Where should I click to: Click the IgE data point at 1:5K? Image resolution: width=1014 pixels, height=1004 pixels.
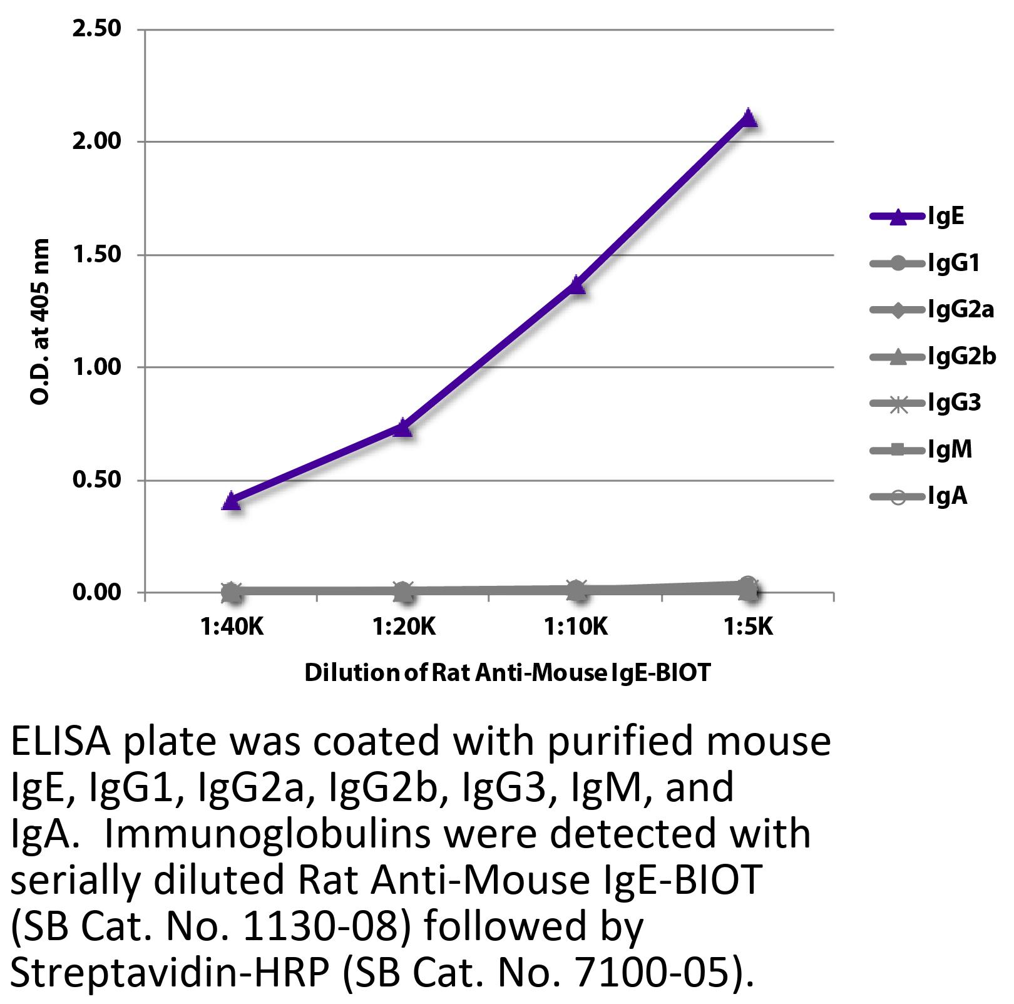click(x=748, y=118)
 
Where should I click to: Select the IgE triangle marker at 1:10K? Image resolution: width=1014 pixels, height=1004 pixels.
click(x=576, y=286)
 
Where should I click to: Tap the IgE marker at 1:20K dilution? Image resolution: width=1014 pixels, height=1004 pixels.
click(x=403, y=428)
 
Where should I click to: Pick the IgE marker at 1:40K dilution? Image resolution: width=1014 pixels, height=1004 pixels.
click(x=231, y=501)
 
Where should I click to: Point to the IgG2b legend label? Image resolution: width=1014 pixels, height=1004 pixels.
click(x=961, y=357)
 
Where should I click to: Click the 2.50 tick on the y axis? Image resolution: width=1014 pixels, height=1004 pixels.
click(x=97, y=29)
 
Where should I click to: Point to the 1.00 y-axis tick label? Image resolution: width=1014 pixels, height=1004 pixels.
click(x=97, y=367)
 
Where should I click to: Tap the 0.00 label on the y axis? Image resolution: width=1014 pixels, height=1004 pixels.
click(x=97, y=592)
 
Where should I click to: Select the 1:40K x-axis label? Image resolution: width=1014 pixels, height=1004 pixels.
click(x=232, y=627)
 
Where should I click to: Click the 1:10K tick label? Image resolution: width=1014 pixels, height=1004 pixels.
click(x=576, y=627)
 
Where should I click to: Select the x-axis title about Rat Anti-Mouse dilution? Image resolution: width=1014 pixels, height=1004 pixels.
click(x=508, y=673)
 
